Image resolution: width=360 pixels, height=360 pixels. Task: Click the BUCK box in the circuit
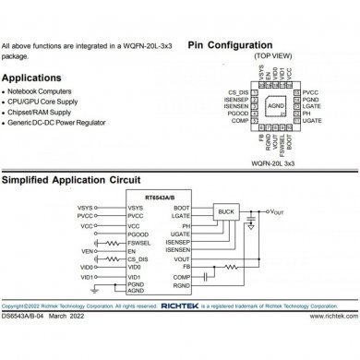[225, 211]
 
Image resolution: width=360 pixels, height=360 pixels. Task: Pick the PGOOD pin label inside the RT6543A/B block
[139, 234]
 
